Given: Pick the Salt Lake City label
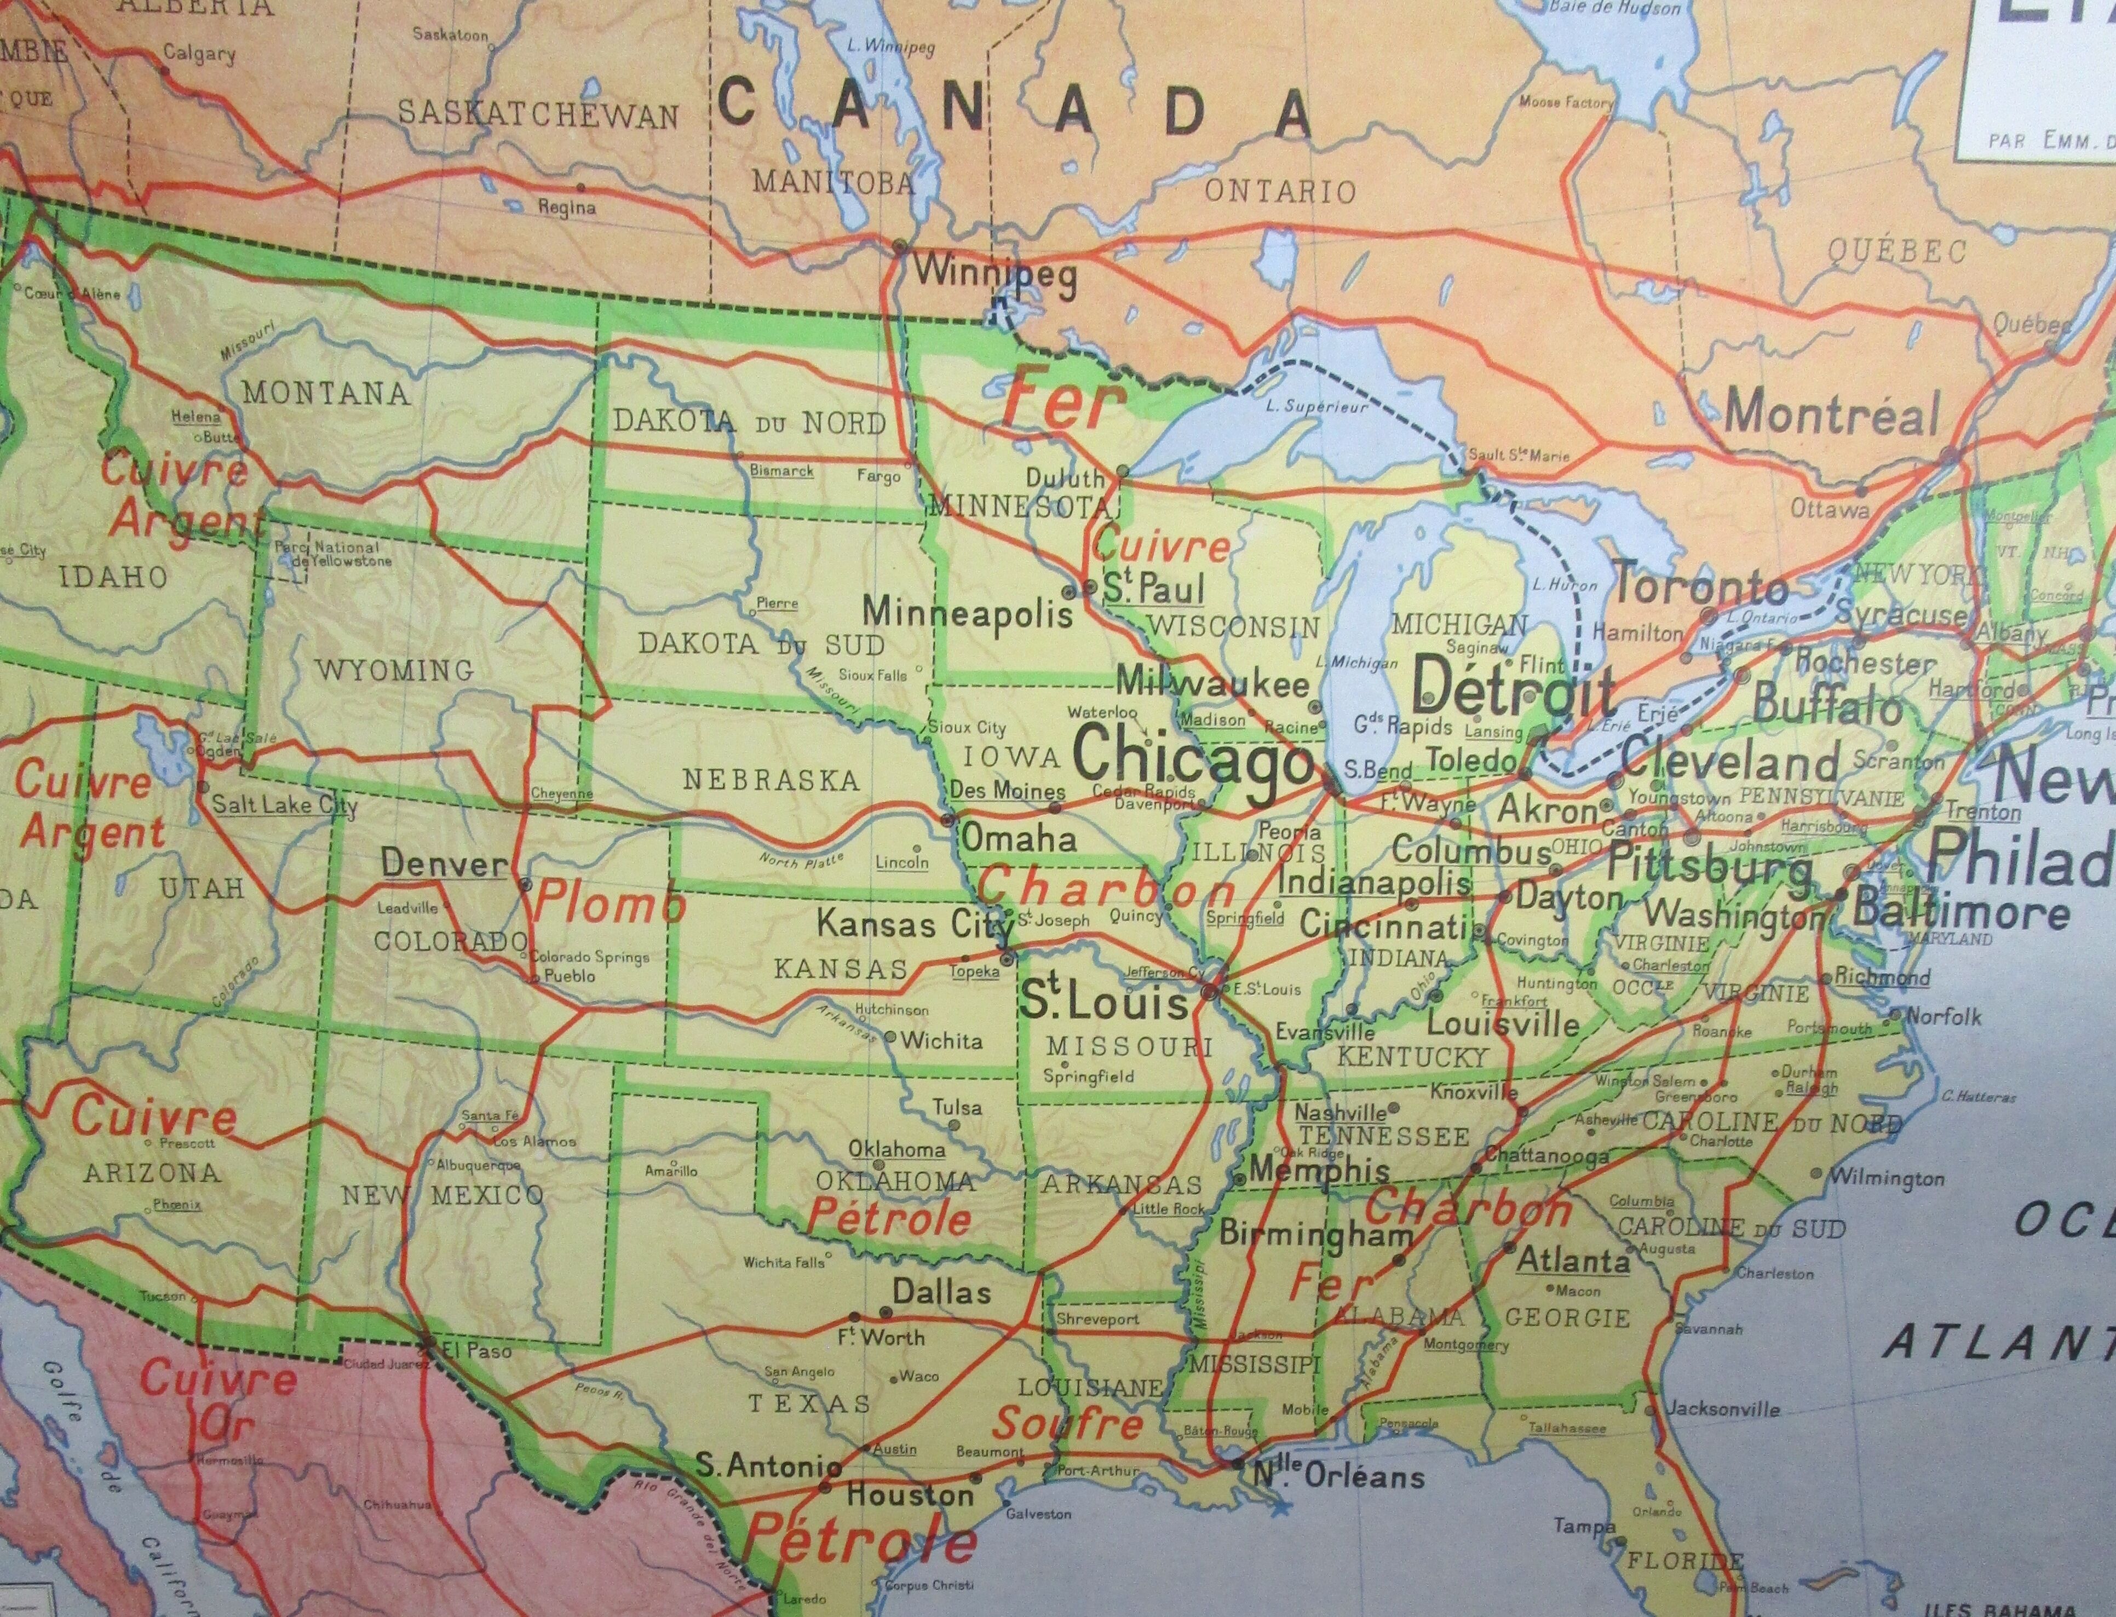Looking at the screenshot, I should coord(284,805).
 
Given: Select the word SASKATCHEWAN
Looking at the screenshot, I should coord(538,116).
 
